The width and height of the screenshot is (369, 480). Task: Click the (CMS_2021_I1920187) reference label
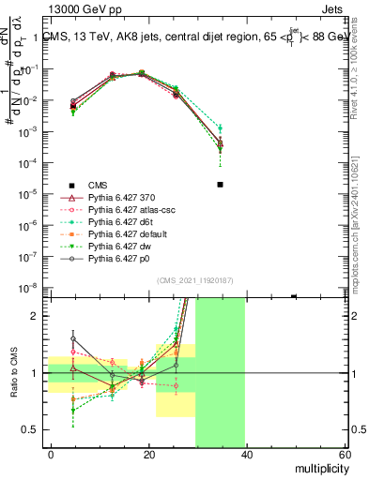click(193, 280)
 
